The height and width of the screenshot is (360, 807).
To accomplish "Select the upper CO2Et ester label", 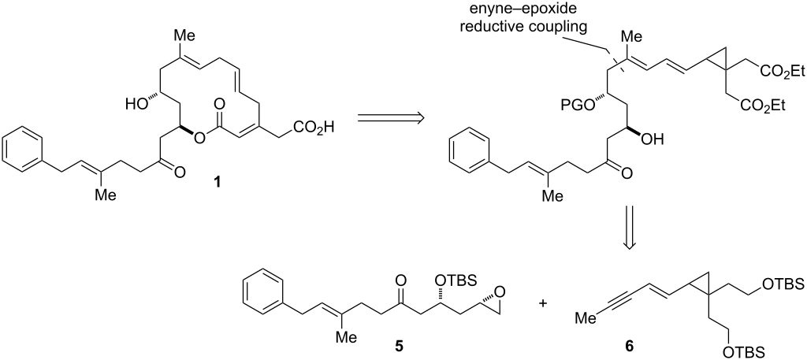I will coord(772,72).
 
